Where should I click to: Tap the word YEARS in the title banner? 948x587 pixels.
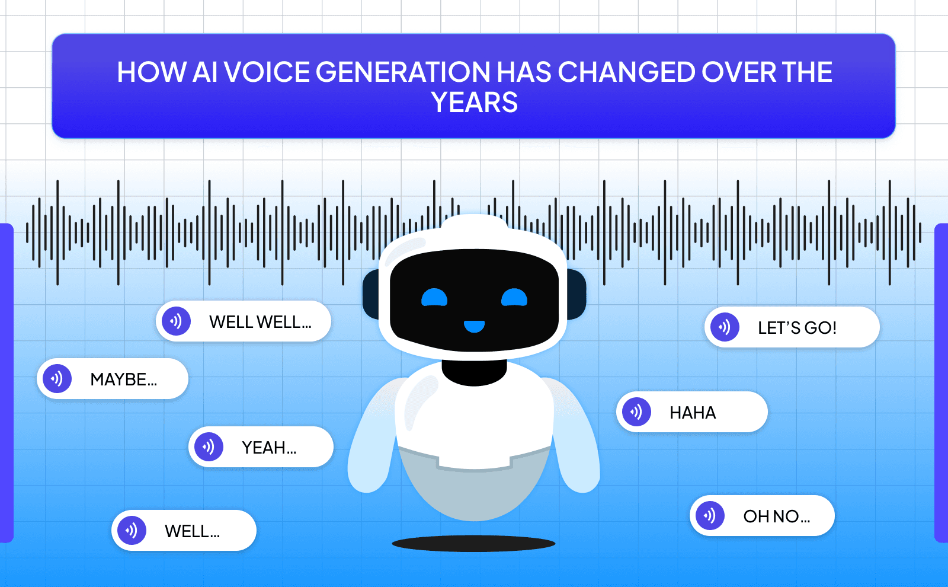[475, 103]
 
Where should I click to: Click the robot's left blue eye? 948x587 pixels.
[434, 298]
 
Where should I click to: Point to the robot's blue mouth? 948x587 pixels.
[474, 326]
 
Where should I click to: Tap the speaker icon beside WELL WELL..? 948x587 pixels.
[176, 321]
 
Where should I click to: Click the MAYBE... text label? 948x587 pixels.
[124, 379]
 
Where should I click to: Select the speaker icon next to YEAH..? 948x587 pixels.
[209, 446]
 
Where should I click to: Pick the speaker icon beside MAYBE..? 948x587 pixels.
[57, 378]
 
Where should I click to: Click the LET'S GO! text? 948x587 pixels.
[797, 328]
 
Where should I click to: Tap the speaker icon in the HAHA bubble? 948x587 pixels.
[636, 411]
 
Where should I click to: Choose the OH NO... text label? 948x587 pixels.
[777, 516]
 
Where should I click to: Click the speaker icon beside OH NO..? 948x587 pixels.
[710, 515]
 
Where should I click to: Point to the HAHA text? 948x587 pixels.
[693, 413]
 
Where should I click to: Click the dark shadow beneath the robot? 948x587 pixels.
[473, 543]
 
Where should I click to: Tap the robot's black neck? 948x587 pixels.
[474, 372]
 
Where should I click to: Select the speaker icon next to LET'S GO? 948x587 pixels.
[725, 327]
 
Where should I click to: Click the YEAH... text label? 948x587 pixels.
[269, 448]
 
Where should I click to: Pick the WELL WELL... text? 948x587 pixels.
[260, 322]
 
